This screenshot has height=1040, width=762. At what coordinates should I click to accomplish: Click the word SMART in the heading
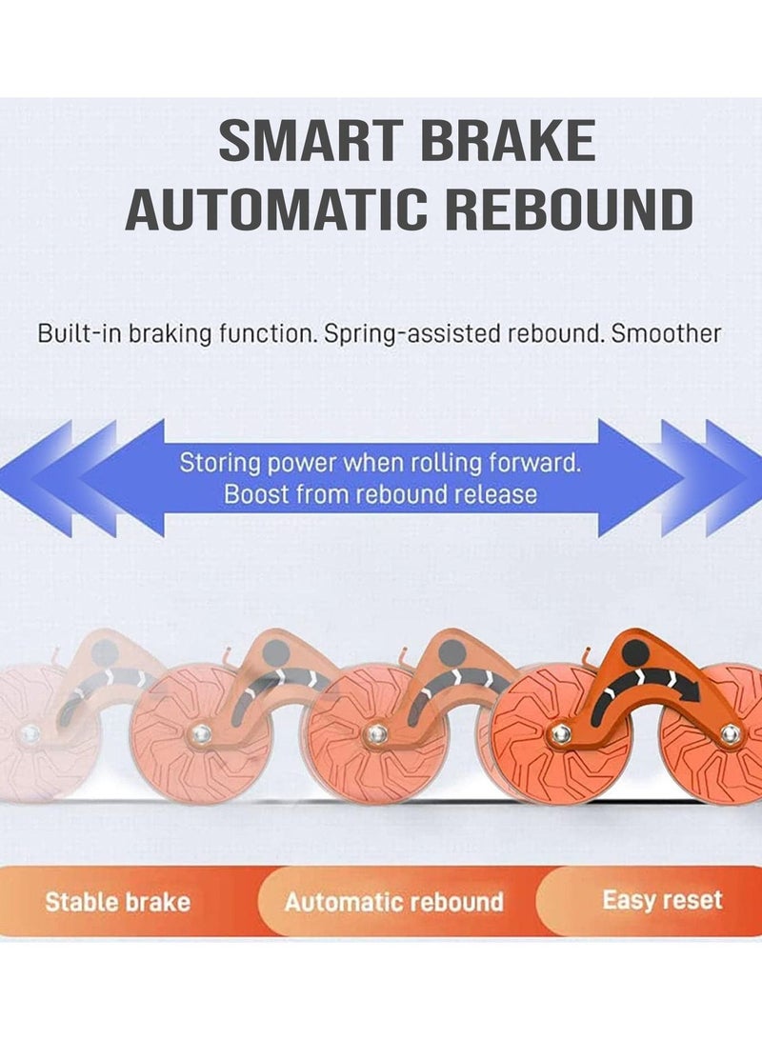point(310,140)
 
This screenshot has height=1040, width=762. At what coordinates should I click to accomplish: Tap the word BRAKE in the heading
point(509,140)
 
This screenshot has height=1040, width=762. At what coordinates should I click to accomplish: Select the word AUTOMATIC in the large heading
point(276,209)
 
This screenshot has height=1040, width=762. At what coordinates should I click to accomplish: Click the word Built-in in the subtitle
point(80,333)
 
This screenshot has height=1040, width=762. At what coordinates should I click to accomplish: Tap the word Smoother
point(665,333)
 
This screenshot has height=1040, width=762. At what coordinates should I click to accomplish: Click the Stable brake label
point(118,902)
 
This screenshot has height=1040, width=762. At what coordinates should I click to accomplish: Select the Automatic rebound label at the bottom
point(394,902)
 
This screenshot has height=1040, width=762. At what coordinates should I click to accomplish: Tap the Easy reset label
point(663,900)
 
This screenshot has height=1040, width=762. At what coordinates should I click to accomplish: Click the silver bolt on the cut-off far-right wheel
point(731,733)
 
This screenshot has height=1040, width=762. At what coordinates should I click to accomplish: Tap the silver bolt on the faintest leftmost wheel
point(29,734)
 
